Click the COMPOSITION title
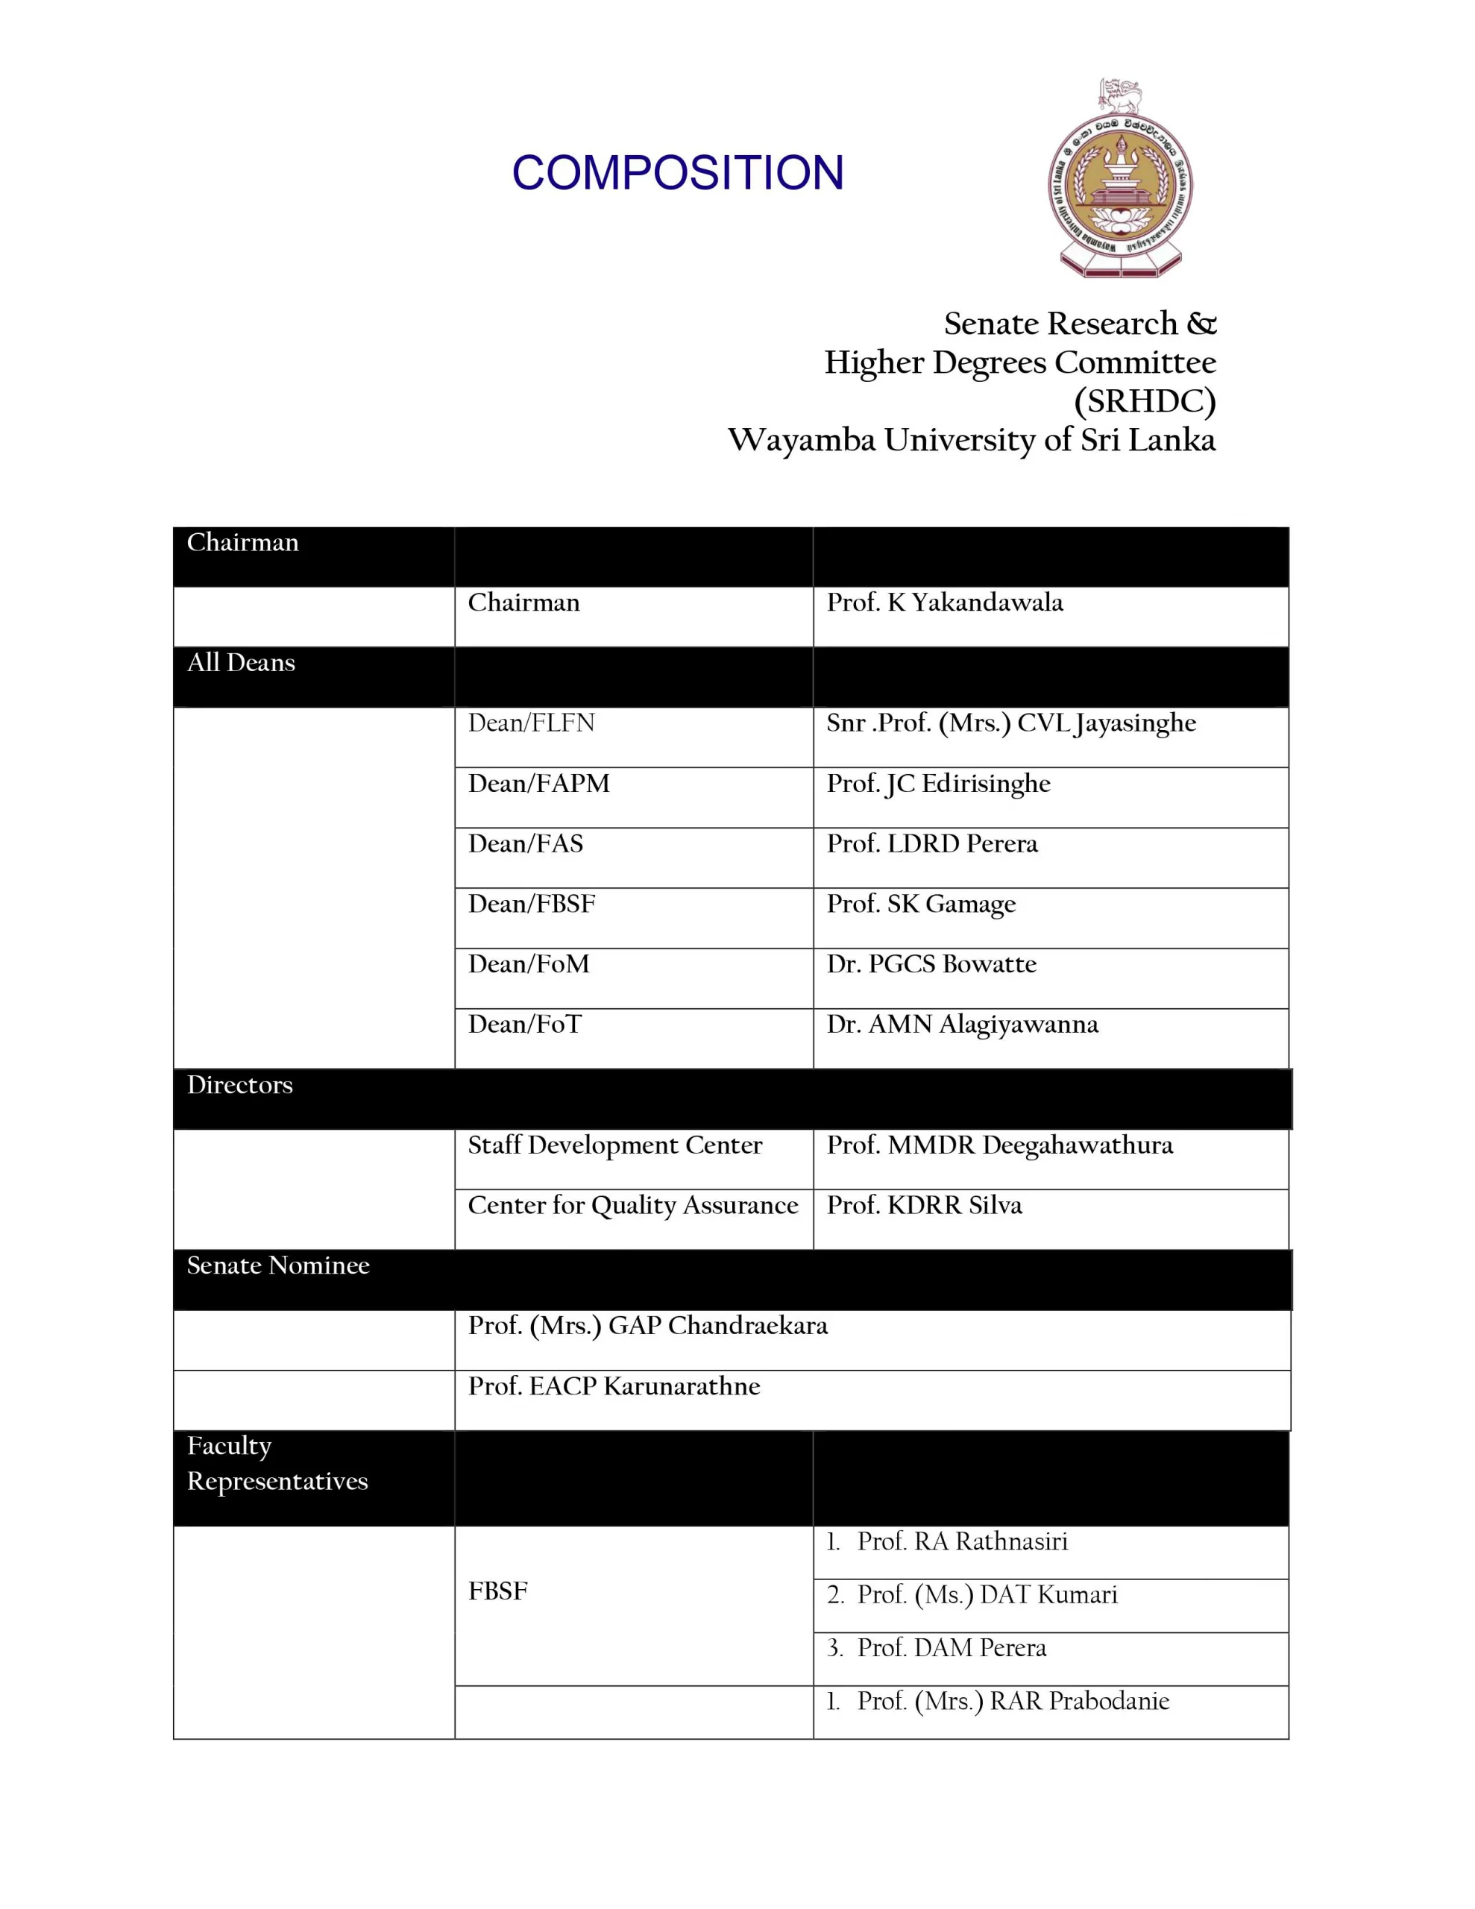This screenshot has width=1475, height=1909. tap(678, 172)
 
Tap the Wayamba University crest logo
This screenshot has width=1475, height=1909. tap(1120, 179)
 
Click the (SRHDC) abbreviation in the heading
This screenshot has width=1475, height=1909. tap(1145, 401)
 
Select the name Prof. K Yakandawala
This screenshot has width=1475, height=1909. tap(944, 603)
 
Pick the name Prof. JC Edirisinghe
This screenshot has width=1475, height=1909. tap(938, 783)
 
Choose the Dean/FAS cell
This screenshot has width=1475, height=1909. tap(526, 843)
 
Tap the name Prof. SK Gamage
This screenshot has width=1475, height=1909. tap(921, 904)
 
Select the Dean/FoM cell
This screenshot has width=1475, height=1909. tap(528, 964)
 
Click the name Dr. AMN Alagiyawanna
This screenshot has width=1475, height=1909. tap(962, 1025)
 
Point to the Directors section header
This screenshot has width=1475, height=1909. tap(239, 1085)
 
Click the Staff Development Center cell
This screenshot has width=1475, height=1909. tap(614, 1145)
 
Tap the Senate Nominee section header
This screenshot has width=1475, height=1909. tap(278, 1265)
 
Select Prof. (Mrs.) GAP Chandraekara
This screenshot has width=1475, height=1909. tap(648, 1326)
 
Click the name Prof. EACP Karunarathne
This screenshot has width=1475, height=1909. tap(614, 1386)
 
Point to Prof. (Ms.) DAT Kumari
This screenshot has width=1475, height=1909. tap(987, 1595)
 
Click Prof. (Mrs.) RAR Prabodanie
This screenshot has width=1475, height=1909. tap(1013, 1701)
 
